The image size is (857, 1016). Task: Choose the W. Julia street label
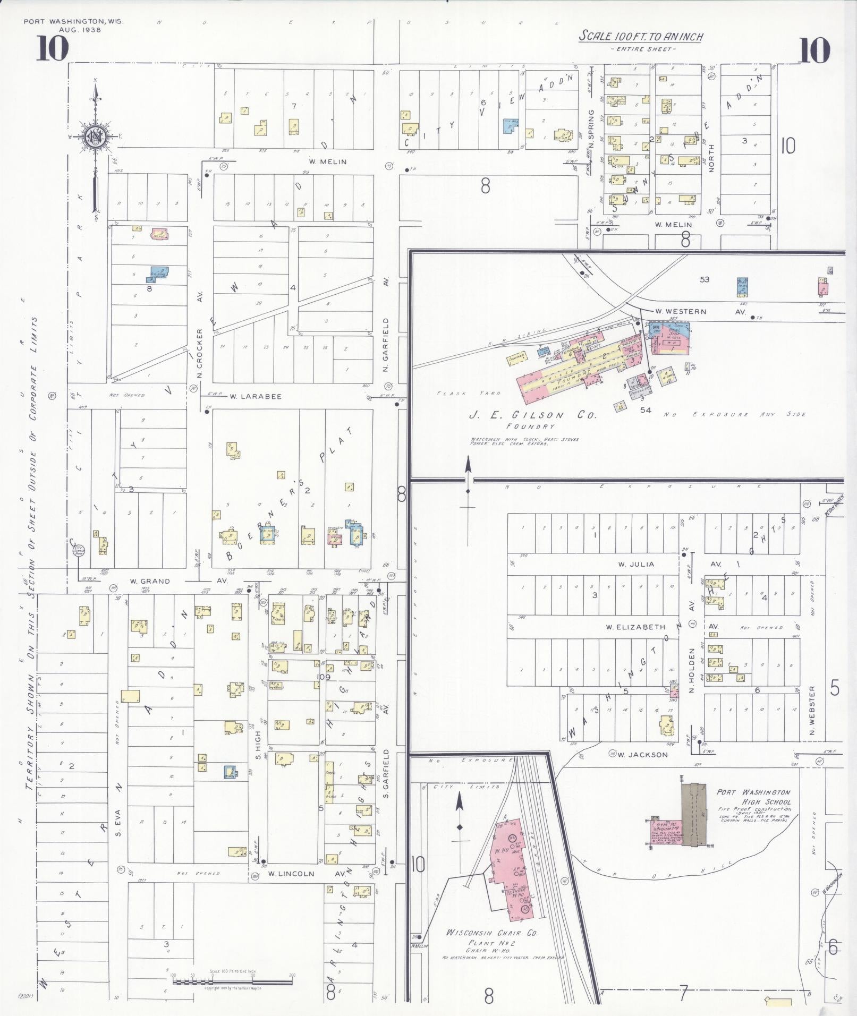point(635,564)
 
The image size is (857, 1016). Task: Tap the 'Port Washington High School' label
point(753,797)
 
